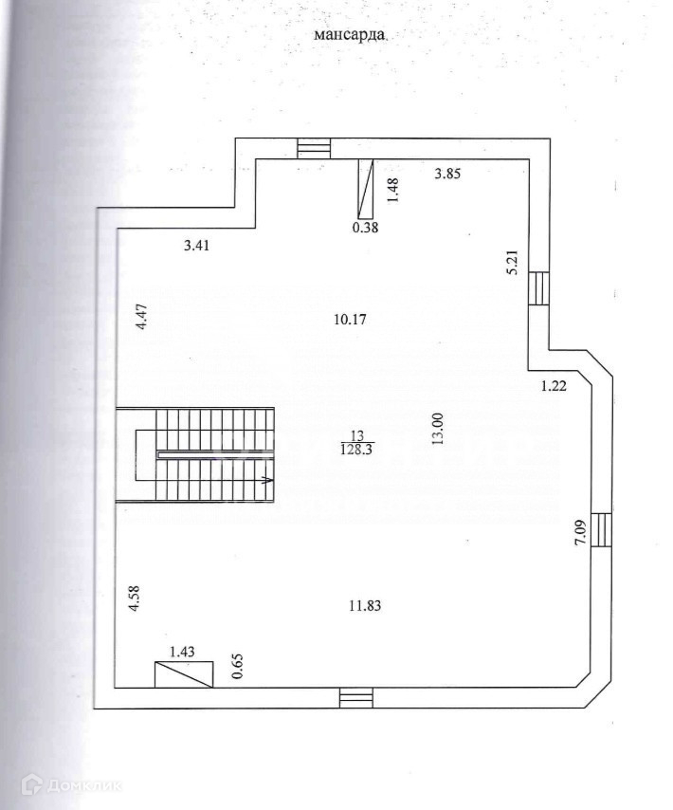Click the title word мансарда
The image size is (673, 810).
pos(350,35)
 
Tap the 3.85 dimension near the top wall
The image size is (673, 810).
pos(447,174)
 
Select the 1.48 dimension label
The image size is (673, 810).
pos(393,190)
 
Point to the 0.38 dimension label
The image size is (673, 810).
pos(365,227)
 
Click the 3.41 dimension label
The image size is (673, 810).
pos(196,246)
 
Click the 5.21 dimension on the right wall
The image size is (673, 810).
pos(513,263)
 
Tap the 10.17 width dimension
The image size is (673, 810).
pos(350,320)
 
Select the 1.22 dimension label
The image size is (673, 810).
pos(554,385)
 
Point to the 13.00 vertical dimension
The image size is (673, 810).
pos(438,430)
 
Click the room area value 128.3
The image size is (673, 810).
pos(356,450)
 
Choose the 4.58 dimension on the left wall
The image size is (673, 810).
pos(135,598)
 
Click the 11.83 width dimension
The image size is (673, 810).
pos(365,605)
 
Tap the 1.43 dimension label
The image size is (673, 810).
pos(183,652)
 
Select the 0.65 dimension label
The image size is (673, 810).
pos(237,667)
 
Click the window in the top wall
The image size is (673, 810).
pos(314,149)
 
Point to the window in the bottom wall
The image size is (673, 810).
pos(356,698)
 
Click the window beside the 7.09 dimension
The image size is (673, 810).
pos(602,530)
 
